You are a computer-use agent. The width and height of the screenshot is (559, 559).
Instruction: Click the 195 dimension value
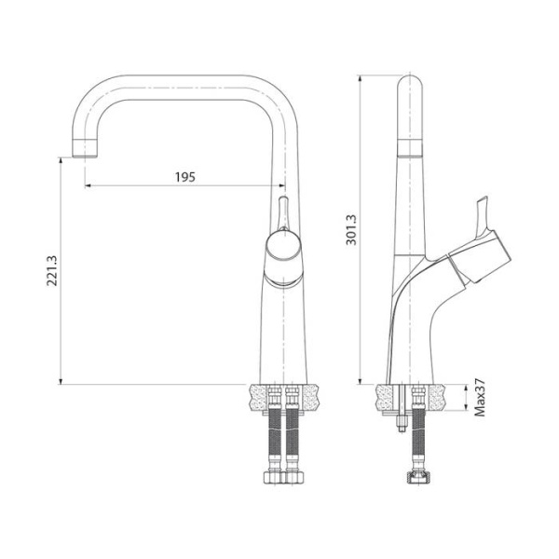[184, 177]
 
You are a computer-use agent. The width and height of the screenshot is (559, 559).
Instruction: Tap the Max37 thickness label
[479, 398]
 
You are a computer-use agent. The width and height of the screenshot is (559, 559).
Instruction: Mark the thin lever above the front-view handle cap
[284, 212]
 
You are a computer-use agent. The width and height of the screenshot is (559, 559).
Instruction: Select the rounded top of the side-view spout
[411, 89]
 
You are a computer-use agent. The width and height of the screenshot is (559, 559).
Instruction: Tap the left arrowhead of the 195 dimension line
[89, 185]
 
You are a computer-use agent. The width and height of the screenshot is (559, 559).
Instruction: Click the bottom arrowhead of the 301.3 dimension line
[361, 381]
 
